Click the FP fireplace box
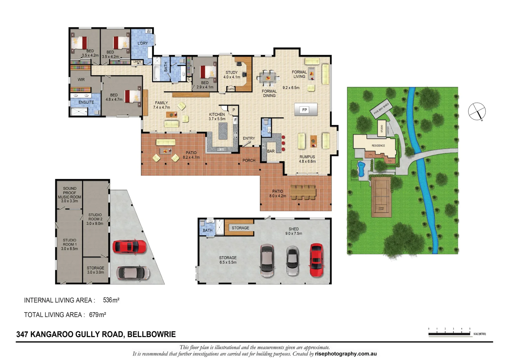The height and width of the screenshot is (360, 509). pyautogui.click(x=305, y=110)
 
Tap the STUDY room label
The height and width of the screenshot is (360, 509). pyautogui.click(x=232, y=73)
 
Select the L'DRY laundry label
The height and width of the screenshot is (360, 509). pyautogui.click(x=143, y=43)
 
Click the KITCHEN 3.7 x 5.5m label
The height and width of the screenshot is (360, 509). pyautogui.click(x=217, y=116)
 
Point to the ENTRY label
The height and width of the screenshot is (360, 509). pyautogui.click(x=249, y=138)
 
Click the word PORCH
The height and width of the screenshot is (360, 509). pyautogui.click(x=249, y=160)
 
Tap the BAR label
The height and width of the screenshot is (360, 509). pyautogui.click(x=271, y=151)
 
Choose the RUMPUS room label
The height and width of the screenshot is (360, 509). pyautogui.click(x=307, y=157)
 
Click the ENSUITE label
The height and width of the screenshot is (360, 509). pyautogui.click(x=86, y=102)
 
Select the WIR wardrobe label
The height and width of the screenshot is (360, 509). pyautogui.click(x=81, y=80)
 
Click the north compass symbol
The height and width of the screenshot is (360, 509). pyautogui.click(x=477, y=111)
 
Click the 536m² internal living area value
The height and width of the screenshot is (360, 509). pyautogui.click(x=111, y=300)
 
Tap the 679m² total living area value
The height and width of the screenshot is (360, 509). pyautogui.click(x=97, y=315)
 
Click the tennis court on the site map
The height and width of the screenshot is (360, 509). pyautogui.click(x=381, y=197)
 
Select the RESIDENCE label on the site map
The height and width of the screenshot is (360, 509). pyautogui.click(x=378, y=146)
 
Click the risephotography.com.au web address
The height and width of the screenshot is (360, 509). pyautogui.click(x=345, y=354)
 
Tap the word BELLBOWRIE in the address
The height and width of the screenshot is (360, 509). pyautogui.click(x=152, y=334)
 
